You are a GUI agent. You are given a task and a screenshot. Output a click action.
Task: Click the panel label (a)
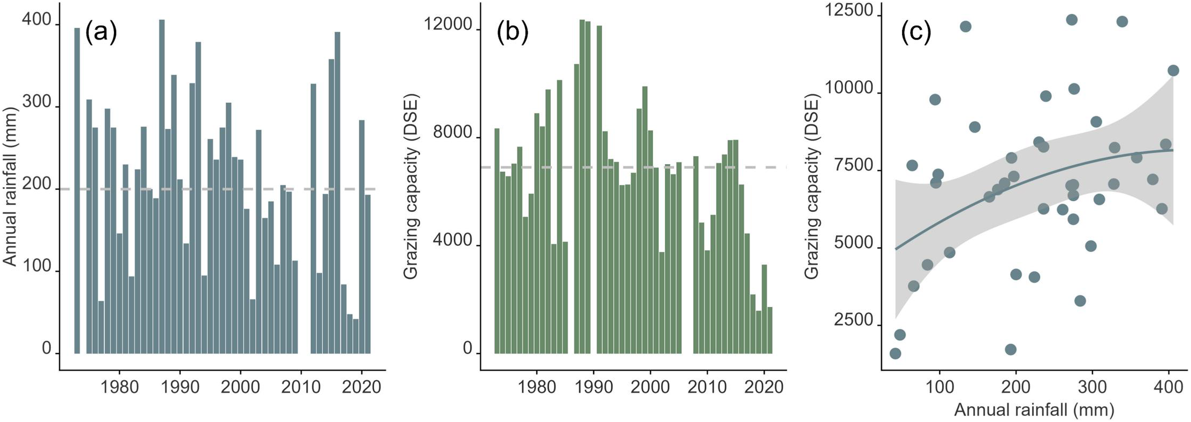pos(101,33)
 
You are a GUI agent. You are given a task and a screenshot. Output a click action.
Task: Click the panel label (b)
pos(512,33)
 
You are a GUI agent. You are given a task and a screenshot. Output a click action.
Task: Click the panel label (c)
pos(916,33)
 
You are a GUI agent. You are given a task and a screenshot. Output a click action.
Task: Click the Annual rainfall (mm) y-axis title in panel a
pos(10,186)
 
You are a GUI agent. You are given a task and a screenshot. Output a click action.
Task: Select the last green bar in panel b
pos(770,330)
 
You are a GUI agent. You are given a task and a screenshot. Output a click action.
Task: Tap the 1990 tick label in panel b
pos(593,387)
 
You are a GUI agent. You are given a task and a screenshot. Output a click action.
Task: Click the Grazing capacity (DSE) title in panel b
pos(411,186)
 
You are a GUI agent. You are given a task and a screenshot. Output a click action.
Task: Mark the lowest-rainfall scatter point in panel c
pos(895,354)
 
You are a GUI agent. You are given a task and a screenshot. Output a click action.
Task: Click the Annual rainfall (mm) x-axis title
pos(1034,410)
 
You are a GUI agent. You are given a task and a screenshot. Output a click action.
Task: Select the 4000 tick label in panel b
pos(453,241)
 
